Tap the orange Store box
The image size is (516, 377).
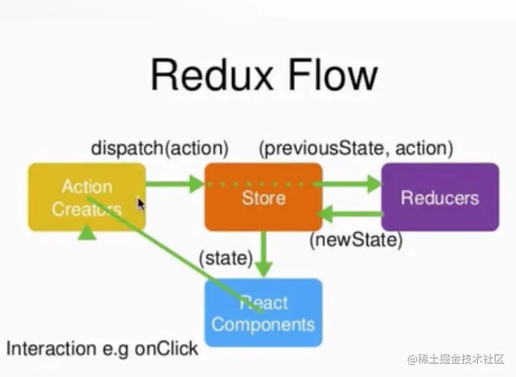264,197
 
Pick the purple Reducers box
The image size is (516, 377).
439,197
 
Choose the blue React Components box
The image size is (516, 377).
263,313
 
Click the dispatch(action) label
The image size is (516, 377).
160,149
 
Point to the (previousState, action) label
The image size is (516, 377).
356,149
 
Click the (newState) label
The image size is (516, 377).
356,241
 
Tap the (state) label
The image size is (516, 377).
225,258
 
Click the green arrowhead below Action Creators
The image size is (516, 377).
86,232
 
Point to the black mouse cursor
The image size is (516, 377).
141,204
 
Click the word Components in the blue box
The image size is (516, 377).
263,325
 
